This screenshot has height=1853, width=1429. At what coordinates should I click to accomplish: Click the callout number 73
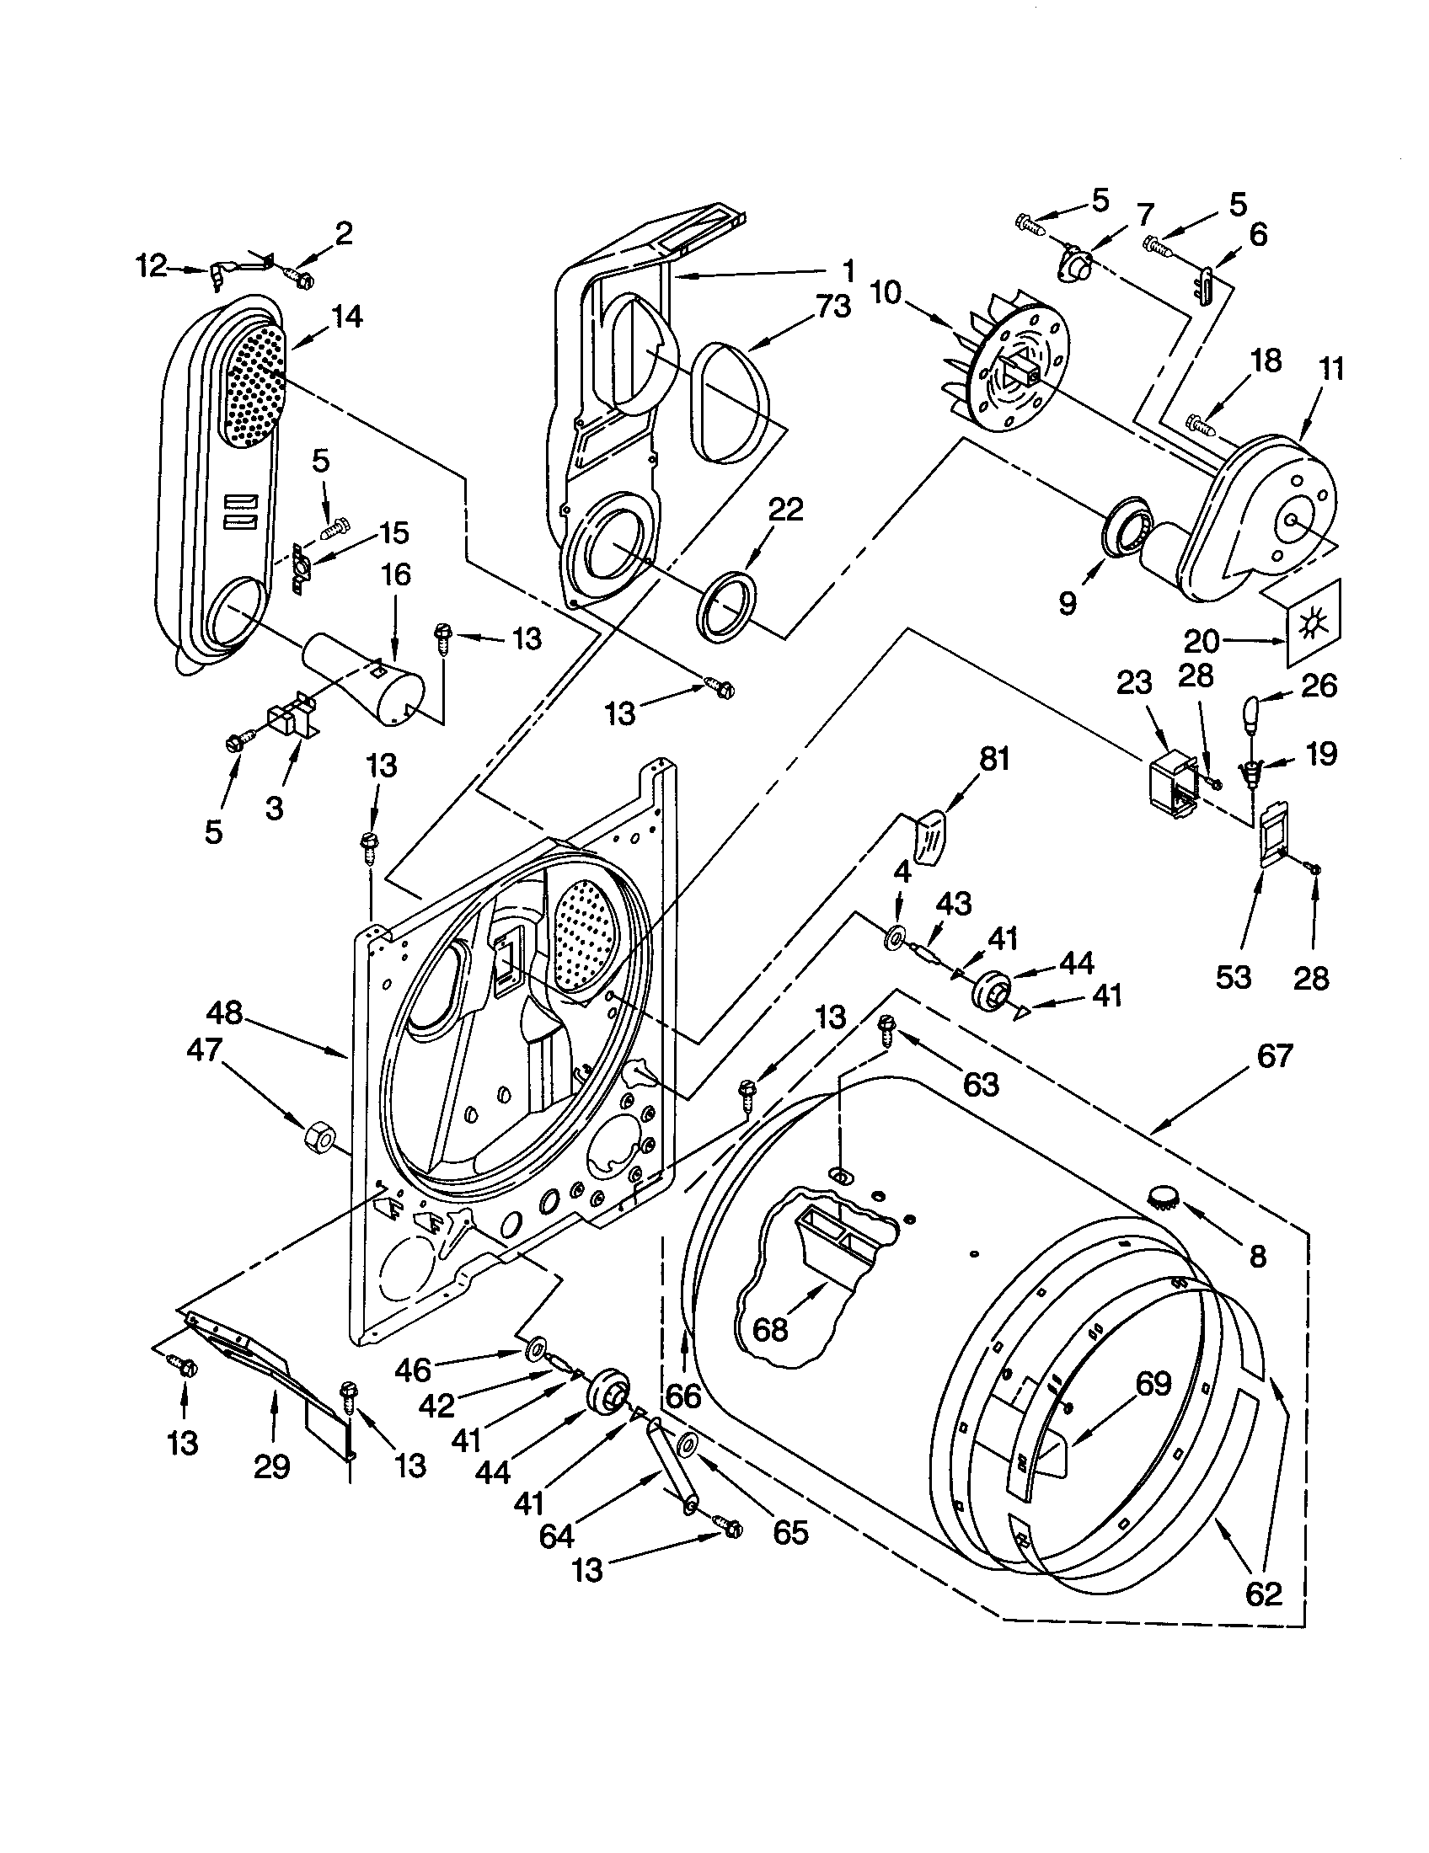coord(832,307)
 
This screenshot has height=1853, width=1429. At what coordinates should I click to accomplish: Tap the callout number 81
coord(993,760)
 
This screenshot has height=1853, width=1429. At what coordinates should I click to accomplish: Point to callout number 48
coord(224,1013)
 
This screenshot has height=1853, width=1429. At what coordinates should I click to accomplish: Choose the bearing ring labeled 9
coord(1127,531)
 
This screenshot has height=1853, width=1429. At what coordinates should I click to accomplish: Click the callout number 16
coord(395,574)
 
